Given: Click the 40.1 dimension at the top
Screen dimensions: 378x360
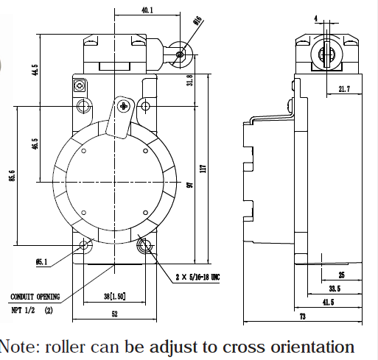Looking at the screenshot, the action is [x=147, y=10].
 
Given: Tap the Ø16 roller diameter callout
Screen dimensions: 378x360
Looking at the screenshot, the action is [x=198, y=21].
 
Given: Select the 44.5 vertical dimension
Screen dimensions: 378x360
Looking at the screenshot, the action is [x=35, y=70].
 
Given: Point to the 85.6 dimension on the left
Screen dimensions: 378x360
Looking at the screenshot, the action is [x=13, y=176].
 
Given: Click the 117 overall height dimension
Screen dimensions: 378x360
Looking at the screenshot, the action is [x=203, y=169].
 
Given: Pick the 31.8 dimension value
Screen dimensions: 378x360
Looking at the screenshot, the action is [x=190, y=80].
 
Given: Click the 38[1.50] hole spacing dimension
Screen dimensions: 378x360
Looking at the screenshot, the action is [x=115, y=297].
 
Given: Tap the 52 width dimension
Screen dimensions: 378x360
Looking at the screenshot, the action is [x=115, y=314].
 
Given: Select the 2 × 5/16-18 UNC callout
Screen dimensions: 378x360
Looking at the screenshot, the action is [x=197, y=277].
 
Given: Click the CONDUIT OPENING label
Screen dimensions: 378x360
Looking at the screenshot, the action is [x=35, y=297].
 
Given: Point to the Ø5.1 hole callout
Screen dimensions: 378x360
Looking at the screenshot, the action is [x=41, y=262].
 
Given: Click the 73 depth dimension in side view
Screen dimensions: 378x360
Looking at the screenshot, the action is [x=303, y=317].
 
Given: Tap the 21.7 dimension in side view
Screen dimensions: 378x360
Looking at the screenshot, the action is [x=344, y=89].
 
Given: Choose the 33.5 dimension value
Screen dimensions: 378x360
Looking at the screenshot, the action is [x=335, y=289].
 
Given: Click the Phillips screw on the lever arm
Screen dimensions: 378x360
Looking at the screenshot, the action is [x=123, y=106].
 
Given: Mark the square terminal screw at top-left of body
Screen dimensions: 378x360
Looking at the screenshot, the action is [x=80, y=86].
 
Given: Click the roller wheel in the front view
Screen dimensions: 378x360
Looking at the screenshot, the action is [x=181, y=54].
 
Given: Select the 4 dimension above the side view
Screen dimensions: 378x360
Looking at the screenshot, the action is [x=316, y=18].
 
